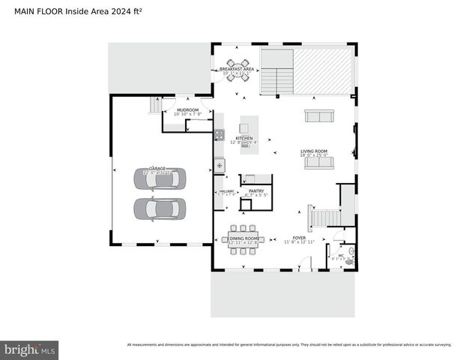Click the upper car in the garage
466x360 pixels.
pyautogui.click(x=159, y=180)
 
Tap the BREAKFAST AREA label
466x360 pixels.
pyautogui.click(x=237, y=69)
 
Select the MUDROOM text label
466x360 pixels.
pyautogui.click(x=187, y=110)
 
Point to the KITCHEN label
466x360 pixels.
pyautogui.click(x=244, y=138)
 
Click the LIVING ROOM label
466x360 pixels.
pyautogui.click(x=315, y=151)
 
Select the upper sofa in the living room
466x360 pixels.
pyautogui.click(x=320, y=115)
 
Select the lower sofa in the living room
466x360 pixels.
pyautogui.click(x=319, y=162)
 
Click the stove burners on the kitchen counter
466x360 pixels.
pyautogui.click(x=220, y=135)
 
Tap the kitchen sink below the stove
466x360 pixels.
pyautogui.click(x=219, y=164)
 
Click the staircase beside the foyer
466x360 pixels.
pyautogui.click(x=324, y=218)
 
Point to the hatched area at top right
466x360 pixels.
pyautogui.click(x=321, y=70)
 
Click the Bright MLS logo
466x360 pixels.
pyautogui.click(x=30, y=349)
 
